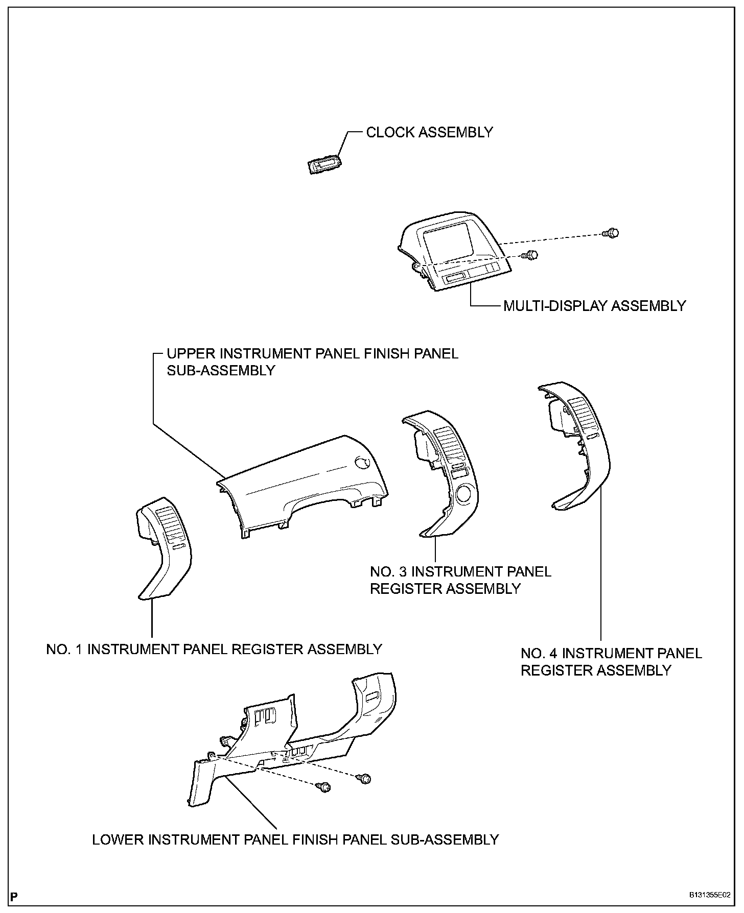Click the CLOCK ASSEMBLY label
429,132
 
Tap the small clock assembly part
325,165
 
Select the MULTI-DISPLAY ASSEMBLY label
594,306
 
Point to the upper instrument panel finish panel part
301,485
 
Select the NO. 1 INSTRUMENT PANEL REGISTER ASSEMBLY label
214,649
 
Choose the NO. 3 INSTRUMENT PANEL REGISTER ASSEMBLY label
460,580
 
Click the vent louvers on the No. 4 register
582,414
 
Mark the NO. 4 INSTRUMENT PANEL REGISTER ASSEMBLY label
611,662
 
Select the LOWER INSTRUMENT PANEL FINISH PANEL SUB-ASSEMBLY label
295,839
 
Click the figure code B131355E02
709,896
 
